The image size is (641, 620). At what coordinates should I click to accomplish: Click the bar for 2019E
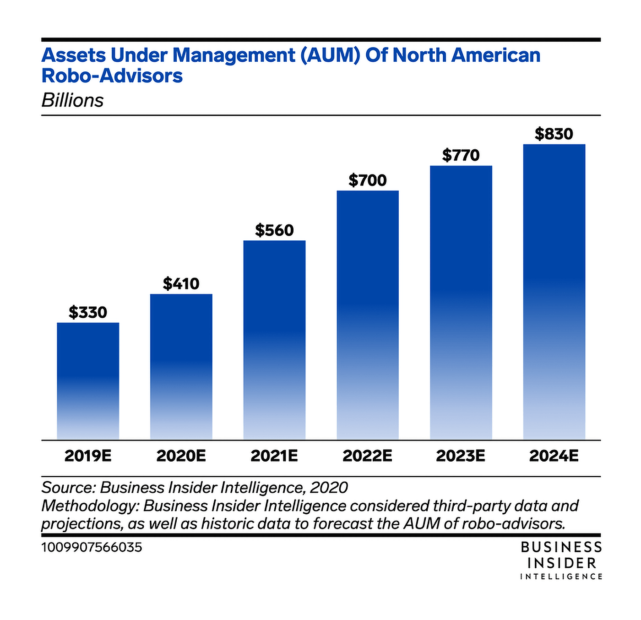88,381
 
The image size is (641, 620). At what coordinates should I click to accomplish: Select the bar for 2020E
181,366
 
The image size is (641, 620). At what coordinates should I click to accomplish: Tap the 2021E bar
274,340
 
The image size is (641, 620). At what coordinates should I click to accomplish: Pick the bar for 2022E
368,315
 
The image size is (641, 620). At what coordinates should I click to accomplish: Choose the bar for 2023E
461,302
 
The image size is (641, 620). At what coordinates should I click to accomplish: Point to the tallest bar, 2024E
554,292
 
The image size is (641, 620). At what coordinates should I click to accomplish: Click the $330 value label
88,312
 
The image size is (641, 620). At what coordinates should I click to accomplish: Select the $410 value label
181,284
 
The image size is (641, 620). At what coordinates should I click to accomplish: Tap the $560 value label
274,230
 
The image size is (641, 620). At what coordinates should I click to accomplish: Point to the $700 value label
368,180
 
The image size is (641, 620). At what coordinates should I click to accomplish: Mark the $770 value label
461,155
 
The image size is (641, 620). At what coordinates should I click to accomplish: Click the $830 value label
554,134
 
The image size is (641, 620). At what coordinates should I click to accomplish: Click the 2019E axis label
88,456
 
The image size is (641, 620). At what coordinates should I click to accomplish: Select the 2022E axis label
368,456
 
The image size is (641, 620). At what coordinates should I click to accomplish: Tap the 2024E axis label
554,456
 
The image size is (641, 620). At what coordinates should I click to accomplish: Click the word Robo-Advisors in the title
112,76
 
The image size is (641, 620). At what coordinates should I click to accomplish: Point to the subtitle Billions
72,100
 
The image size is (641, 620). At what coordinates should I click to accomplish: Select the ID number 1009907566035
92,547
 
